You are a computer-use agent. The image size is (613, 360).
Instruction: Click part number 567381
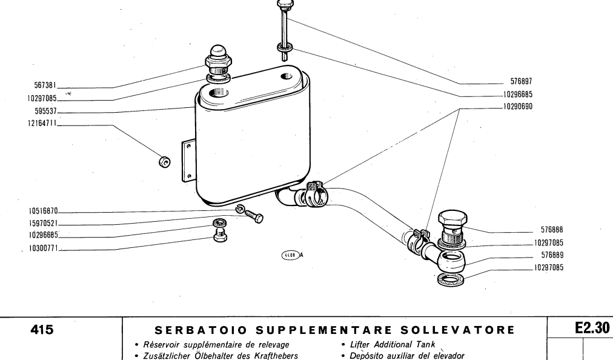tap(45, 85)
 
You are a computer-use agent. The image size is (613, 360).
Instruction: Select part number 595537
tap(46, 111)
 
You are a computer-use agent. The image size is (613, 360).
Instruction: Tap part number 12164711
tap(42, 123)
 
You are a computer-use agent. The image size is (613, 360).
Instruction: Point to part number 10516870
tap(43, 212)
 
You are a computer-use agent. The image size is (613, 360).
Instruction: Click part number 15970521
tap(43, 224)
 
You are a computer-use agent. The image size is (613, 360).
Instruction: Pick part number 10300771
tap(44, 248)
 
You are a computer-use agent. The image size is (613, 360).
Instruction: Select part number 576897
tap(521, 81)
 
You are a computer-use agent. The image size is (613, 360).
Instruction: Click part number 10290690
tap(518, 107)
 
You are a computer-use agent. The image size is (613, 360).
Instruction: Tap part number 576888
tap(552, 230)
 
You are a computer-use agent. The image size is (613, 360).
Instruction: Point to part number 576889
tap(552, 255)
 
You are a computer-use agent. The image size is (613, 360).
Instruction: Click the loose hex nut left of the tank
tap(165, 161)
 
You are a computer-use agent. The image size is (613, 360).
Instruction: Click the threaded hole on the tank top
tap(217, 93)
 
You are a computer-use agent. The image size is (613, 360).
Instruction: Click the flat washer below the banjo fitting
tap(449, 279)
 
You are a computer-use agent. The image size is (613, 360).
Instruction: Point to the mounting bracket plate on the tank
tap(188, 161)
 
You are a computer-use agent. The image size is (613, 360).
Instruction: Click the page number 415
tap(42, 330)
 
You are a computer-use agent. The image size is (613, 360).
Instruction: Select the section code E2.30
tap(592, 328)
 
